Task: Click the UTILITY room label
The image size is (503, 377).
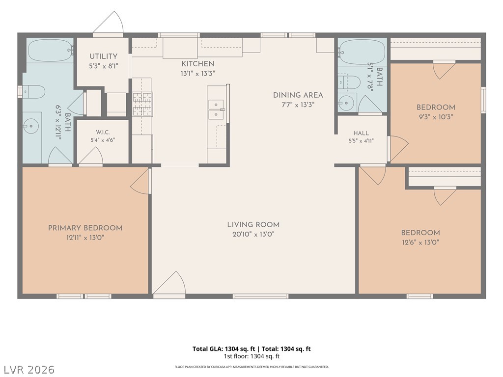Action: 103,56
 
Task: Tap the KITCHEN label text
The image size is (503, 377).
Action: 197,64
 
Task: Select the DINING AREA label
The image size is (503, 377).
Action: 298,95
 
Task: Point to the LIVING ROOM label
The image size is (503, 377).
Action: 253,225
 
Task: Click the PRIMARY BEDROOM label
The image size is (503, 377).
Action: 85,228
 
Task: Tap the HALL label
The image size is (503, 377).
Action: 361,133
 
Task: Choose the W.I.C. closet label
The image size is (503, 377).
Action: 103,133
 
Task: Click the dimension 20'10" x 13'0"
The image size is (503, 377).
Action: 253,234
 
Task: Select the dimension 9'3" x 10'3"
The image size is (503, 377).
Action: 436,117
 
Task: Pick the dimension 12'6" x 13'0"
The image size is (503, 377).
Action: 420,242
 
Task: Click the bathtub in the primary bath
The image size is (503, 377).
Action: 51,51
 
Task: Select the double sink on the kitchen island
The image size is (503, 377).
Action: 216,109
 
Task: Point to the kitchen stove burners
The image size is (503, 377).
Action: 142,104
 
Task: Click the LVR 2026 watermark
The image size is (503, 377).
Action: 28,369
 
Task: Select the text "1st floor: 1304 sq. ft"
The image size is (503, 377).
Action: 251,356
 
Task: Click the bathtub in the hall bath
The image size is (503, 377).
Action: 362,51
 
